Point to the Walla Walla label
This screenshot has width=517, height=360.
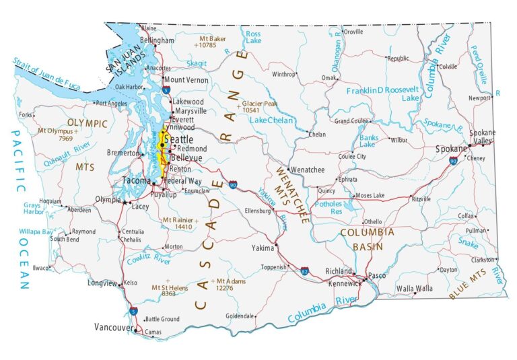(414, 289)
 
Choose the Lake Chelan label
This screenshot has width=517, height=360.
(271, 120)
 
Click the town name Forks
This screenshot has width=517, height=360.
(26, 115)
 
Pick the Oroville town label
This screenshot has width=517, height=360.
(353, 32)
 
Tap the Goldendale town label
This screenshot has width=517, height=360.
(240, 316)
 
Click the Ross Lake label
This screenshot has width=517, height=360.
(253, 37)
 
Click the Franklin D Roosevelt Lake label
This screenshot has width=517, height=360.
(382, 94)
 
